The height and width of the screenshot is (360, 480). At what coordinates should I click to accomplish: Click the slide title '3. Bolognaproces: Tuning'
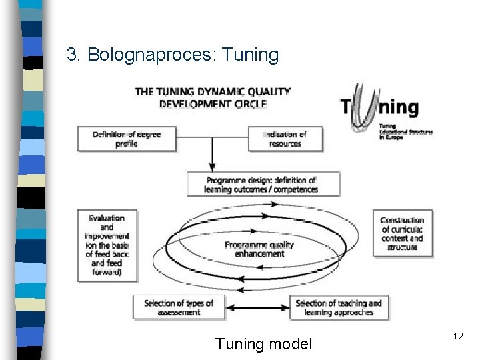pos(173,55)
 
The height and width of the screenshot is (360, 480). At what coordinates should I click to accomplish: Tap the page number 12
pos(458,337)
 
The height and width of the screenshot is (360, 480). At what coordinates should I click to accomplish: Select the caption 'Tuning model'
pos(263,344)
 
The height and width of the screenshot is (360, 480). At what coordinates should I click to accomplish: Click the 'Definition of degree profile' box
pos(127,139)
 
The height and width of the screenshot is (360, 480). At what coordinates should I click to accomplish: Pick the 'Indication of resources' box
pos(285,139)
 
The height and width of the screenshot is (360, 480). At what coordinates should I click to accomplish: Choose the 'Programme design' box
pos(261,185)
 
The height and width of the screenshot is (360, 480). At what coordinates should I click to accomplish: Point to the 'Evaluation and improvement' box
pos(107,245)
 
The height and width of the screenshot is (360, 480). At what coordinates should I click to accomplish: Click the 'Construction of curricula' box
pos(402,234)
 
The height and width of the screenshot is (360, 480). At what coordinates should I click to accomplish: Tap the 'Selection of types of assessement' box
pos(179,307)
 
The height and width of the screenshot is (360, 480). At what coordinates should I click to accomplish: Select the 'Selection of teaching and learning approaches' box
pos(339,307)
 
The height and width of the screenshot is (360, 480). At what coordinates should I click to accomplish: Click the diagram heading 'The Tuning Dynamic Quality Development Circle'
pos(213,97)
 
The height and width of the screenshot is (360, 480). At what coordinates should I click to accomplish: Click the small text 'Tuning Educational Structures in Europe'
pos(405,132)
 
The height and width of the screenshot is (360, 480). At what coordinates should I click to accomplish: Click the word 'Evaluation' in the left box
pos(107,218)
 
